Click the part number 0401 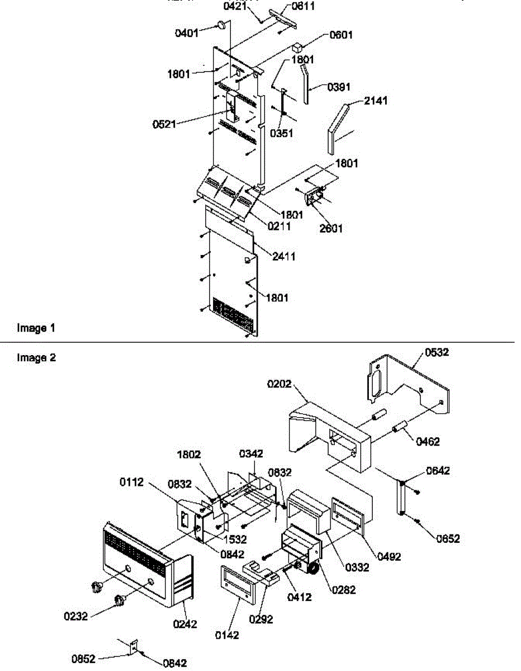coord(187,33)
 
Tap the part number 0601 coord(340,35)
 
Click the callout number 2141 coord(376,101)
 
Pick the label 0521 coord(164,124)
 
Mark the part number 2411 coord(284,257)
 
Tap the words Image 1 coord(36,328)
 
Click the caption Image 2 coord(36,358)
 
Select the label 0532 coord(437,352)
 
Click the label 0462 coord(428,442)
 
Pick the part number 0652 coord(448,538)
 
